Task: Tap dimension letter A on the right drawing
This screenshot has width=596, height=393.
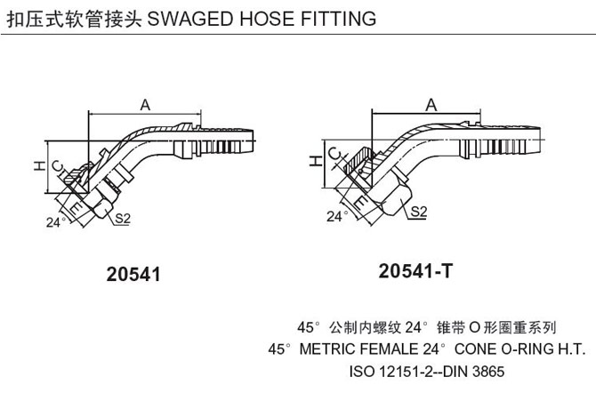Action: point(431,105)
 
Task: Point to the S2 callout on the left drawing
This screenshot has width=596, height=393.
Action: point(122,218)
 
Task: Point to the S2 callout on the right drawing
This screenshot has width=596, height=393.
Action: point(418,211)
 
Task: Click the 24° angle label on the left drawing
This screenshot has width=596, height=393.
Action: point(55,223)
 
